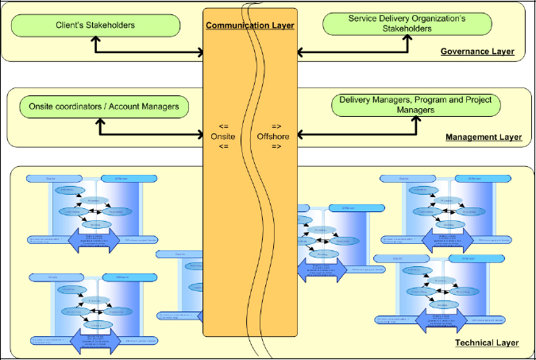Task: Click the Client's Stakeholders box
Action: point(94,25)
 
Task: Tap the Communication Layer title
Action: point(250,26)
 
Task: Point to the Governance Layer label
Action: point(477,52)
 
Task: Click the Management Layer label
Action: point(483,137)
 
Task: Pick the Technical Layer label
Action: point(487,343)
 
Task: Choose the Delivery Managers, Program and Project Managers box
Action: point(415,105)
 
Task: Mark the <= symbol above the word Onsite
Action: point(224,126)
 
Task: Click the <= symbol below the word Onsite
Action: point(224,147)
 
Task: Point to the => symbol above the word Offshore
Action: point(276,126)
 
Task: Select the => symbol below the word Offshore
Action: point(276,147)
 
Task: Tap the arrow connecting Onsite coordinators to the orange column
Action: point(151,134)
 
